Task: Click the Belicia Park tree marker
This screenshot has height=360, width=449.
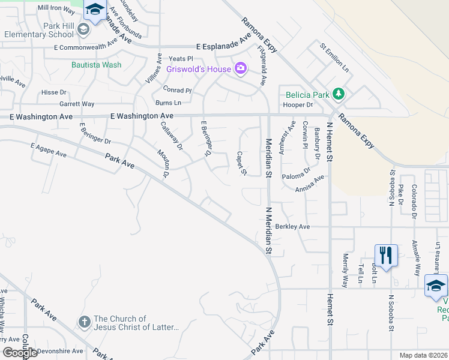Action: coord(339,93)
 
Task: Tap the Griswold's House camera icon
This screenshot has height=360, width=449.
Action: coord(241,68)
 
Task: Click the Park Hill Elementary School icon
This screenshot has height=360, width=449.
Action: coord(82,29)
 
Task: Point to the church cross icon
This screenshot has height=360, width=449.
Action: coord(84,322)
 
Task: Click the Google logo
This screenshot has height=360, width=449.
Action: coord(20,352)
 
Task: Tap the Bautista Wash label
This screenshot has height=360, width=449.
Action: coord(96,65)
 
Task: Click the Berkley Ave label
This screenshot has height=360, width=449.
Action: coord(293,227)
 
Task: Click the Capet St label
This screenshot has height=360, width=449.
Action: coord(241,163)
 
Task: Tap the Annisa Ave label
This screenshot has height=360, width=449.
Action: coord(310,183)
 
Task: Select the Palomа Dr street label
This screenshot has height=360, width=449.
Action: coord(296,173)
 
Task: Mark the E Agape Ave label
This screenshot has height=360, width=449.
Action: coord(48,150)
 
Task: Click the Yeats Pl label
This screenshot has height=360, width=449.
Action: coord(181,59)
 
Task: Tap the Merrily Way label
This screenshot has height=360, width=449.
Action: coord(345,269)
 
